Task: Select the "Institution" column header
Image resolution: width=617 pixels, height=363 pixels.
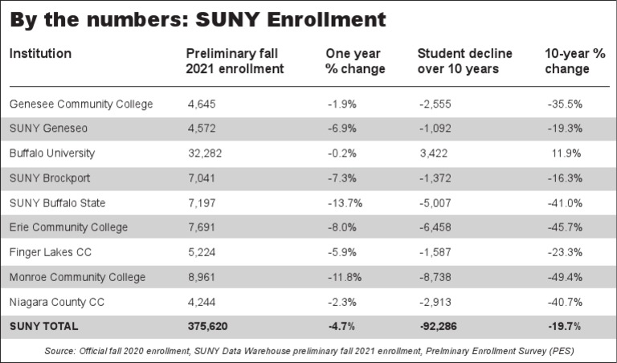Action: tap(40, 54)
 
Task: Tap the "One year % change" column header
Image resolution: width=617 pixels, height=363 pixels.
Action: tap(354, 61)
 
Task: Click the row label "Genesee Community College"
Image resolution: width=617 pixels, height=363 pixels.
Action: tap(80, 104)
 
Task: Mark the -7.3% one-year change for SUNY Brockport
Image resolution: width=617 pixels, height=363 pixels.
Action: tap(342, 178)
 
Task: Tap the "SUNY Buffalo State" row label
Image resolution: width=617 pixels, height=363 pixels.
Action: tap(57, 203)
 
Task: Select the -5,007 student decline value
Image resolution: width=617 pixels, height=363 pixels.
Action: tap(438, 203)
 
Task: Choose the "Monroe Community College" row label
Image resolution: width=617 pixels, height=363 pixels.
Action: tap(77, 278)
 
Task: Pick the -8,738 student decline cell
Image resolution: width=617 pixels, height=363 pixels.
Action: tap(438, 278)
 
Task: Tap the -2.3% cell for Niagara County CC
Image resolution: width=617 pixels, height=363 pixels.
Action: tap(342, 303)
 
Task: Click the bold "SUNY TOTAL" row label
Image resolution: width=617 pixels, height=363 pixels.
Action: tap(43, 327)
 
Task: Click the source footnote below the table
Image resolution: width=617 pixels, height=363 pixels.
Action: tap(308, 351)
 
